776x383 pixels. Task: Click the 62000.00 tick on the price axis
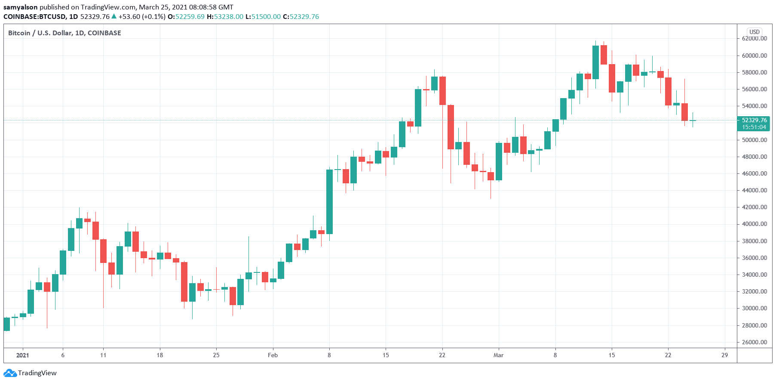pos(754,39)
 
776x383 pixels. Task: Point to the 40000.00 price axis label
pos(754,224)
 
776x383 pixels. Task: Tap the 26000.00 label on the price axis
pos(754,343)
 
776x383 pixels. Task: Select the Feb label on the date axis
pos(273,355)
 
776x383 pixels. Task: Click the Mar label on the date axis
pos(498,355)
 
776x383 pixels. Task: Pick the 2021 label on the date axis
pos(22,355)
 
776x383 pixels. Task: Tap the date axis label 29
pos(724,355)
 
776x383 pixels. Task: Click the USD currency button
pos(755,32)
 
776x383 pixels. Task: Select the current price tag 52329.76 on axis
pos(754,120)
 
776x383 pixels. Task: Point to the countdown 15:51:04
pos(754,127)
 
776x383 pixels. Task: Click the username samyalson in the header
pos(21,7)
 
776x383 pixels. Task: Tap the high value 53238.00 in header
pos(229,17)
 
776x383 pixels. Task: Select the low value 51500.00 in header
pos(266,17)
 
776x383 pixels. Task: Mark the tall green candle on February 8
pos(329,201)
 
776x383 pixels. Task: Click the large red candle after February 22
pos(451,127)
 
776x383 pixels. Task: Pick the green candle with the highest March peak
pos(595,62)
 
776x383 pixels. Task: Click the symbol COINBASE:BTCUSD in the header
pos(35,17)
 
